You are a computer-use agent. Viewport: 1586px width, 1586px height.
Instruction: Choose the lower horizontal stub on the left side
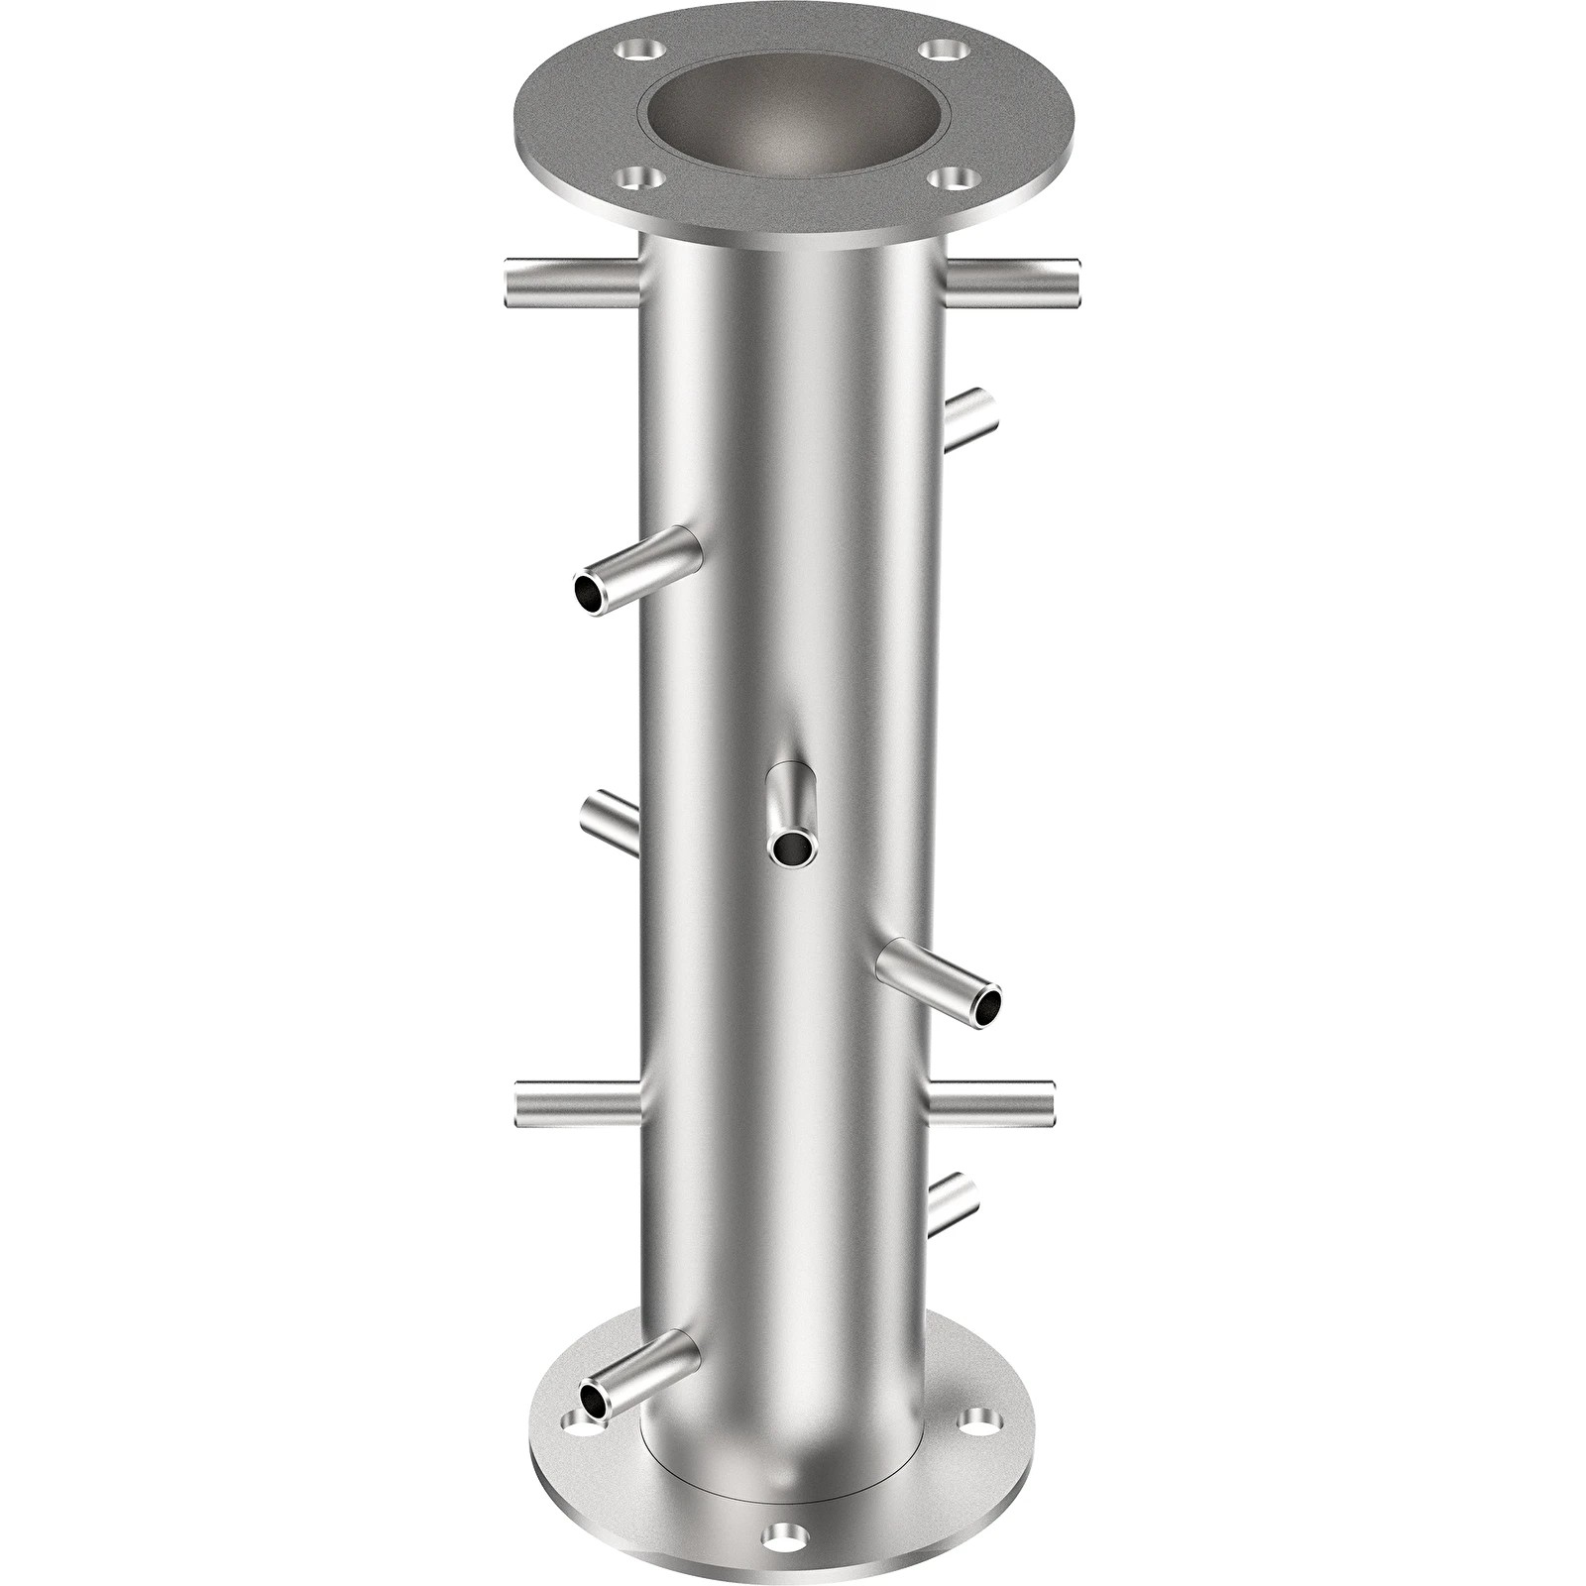[x=577, y=1104]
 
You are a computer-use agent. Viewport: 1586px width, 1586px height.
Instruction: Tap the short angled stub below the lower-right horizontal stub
[x=953, y=1202]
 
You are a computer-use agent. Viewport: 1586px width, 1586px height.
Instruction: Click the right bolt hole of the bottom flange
[x=977, y=1421]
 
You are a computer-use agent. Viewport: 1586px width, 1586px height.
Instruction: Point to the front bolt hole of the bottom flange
[x=787, y=1534]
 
